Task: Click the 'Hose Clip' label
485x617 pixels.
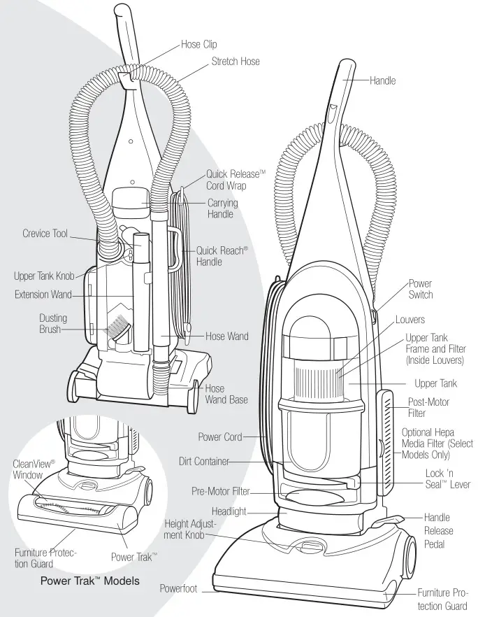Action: coord(198,44)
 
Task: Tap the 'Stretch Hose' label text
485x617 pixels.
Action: coord(236,62)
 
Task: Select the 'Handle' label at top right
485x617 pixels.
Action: coord(382,80)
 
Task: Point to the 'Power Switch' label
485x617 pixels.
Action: coord(420,289)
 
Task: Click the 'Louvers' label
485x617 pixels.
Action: coord(410,320)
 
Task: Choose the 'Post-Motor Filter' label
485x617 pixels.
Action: coord(428,408)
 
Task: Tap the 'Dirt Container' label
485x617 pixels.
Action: coord(203,462)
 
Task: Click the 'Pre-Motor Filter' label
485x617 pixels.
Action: coord(220,492)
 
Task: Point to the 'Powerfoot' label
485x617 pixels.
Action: coord(180,588)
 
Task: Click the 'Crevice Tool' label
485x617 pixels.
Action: coord(45,234)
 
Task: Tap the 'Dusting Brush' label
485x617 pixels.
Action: coord(53,323)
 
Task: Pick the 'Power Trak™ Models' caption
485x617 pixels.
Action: coord(89,581)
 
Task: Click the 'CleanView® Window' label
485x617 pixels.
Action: coord(27,469)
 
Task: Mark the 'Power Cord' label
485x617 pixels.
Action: coord(219,437)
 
